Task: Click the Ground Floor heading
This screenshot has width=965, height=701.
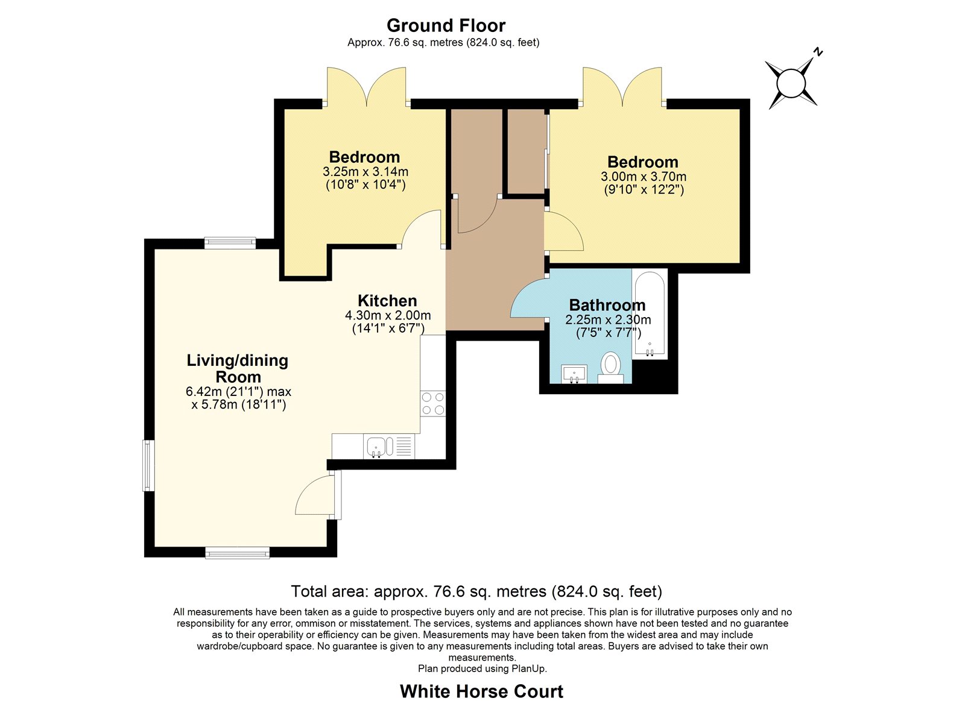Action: [x=446, y=26]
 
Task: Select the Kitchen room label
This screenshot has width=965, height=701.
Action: [x=387, y=301]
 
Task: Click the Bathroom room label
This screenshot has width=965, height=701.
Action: [x=607, y=305]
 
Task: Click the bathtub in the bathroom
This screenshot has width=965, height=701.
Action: [x=650, y=314]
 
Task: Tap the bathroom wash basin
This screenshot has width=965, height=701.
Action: [x=574, y=374]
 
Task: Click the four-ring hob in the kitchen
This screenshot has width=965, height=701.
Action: [x=433, y=403]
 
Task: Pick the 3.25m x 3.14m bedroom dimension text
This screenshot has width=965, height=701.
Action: [x=365, y=172]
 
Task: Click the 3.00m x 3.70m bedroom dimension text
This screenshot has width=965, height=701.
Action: [x=644, y=177]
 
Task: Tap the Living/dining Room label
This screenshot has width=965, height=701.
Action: [x=238, y=369]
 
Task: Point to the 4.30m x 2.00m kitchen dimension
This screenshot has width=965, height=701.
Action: [x=388, y=315]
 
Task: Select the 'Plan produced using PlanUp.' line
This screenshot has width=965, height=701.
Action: [x=482, y=668]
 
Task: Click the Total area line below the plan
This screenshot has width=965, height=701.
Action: [x=476, y=591]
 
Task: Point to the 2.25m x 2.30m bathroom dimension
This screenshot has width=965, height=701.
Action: [x=608, y=320]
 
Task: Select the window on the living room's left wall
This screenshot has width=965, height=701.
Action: [x=148, y=465]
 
